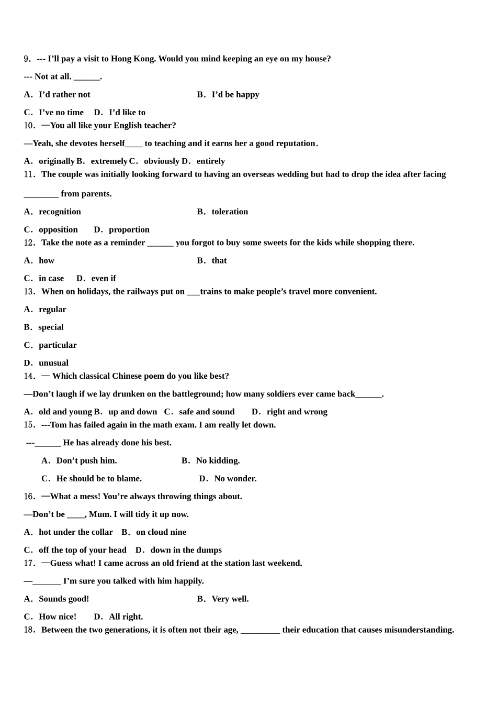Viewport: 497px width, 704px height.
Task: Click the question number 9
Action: click(27, 59)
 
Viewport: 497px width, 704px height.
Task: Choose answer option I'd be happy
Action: click(235, 94)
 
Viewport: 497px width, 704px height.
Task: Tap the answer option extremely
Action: click(109, 161)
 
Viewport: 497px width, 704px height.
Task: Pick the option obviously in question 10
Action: click(162, 161)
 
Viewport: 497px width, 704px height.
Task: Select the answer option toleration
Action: click(230, 212)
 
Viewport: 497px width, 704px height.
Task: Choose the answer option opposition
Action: click(58, 229)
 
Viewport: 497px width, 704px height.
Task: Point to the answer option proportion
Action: click(129, 229)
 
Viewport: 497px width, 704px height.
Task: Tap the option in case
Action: click(51, 278)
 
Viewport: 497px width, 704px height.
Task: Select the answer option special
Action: click(51, 327)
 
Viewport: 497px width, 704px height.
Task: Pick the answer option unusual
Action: click(53, 362)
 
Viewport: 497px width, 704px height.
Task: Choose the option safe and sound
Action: click(207, 412)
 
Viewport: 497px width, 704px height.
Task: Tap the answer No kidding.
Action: click(218, 460)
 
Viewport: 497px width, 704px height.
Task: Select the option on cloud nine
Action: click(161, 532)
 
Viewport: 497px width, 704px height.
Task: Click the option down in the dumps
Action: click(186, 549)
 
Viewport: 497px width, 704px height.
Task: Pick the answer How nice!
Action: click(58, 617)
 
